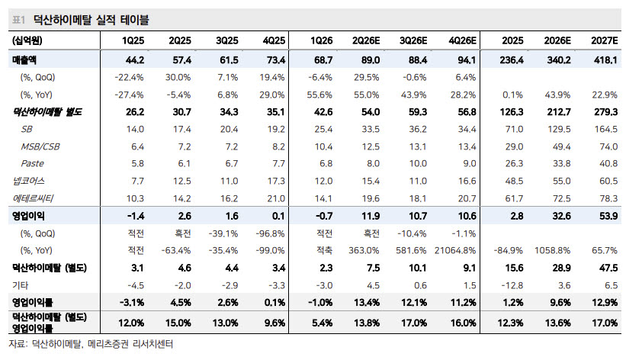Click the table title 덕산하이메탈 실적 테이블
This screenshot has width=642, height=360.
pyautogui.click(x=91, y=20)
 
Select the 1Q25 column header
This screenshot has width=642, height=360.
pyautogui.click(x=133, y=40)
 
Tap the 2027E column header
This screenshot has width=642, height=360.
pyautogui.click(x=605, y=40)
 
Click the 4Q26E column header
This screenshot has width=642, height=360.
pyautogui.click(x=462, y=40)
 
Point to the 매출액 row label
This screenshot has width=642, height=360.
pyautogui.click(x=24, y=59)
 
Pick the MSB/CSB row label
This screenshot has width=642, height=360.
pyautogui.click(x=40, y=146)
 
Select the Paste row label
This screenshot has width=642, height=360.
pyautogui.click(x=32, y=163)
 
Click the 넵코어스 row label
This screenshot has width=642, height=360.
pyautogui.click(x=28, y=181)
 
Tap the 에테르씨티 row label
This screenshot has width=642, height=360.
pyautogui.click(x=33, y=198)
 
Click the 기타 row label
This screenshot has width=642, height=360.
pyautogui.click(x=20, y=285)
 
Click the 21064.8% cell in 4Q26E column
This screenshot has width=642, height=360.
pyautogui.click(x=455, y=250)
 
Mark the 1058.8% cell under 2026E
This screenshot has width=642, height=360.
pyautogui.click(x=552, y=250)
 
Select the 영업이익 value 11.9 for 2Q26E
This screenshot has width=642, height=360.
pyautogui.click(x=371, y=216)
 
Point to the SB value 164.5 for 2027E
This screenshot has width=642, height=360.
pyautogui.click(x=606, y=129)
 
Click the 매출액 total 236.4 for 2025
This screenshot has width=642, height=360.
pyautogui.click(x=512, y=59)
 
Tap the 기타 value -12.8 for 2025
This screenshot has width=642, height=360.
pyautogui.click(x=512, y=285)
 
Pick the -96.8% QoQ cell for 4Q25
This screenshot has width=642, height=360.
pyautogui.click(x=270, y=233)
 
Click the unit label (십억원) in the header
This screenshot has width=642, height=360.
pyautogui.click(x=27, y=40)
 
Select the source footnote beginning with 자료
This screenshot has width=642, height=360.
pyautogui.click(x=91, y=344)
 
